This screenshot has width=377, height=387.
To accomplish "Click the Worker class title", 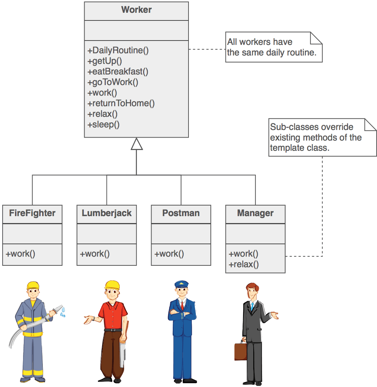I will point(136,10).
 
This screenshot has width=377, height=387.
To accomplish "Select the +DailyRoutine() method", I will point(118,50).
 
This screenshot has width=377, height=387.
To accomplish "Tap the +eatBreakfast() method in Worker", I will point(118,71).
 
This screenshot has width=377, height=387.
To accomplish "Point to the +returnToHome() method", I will point(121,103).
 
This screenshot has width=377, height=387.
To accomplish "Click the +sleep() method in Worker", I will point(104,124).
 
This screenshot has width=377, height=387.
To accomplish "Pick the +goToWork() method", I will point(113,82).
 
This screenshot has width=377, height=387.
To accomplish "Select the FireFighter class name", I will point(32,213).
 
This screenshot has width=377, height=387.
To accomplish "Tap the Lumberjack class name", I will point(107,213).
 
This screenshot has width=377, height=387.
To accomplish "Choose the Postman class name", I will point(181,213).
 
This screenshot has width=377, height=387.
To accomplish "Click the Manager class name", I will point(255,213).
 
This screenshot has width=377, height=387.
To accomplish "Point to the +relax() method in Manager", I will point(244,265).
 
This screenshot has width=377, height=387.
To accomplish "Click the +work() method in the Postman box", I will point(169,254).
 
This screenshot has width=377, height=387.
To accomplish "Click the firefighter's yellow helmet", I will point(33,286).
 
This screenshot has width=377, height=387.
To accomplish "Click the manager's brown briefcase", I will point(240,351).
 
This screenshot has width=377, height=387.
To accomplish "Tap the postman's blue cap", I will point(181,284).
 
